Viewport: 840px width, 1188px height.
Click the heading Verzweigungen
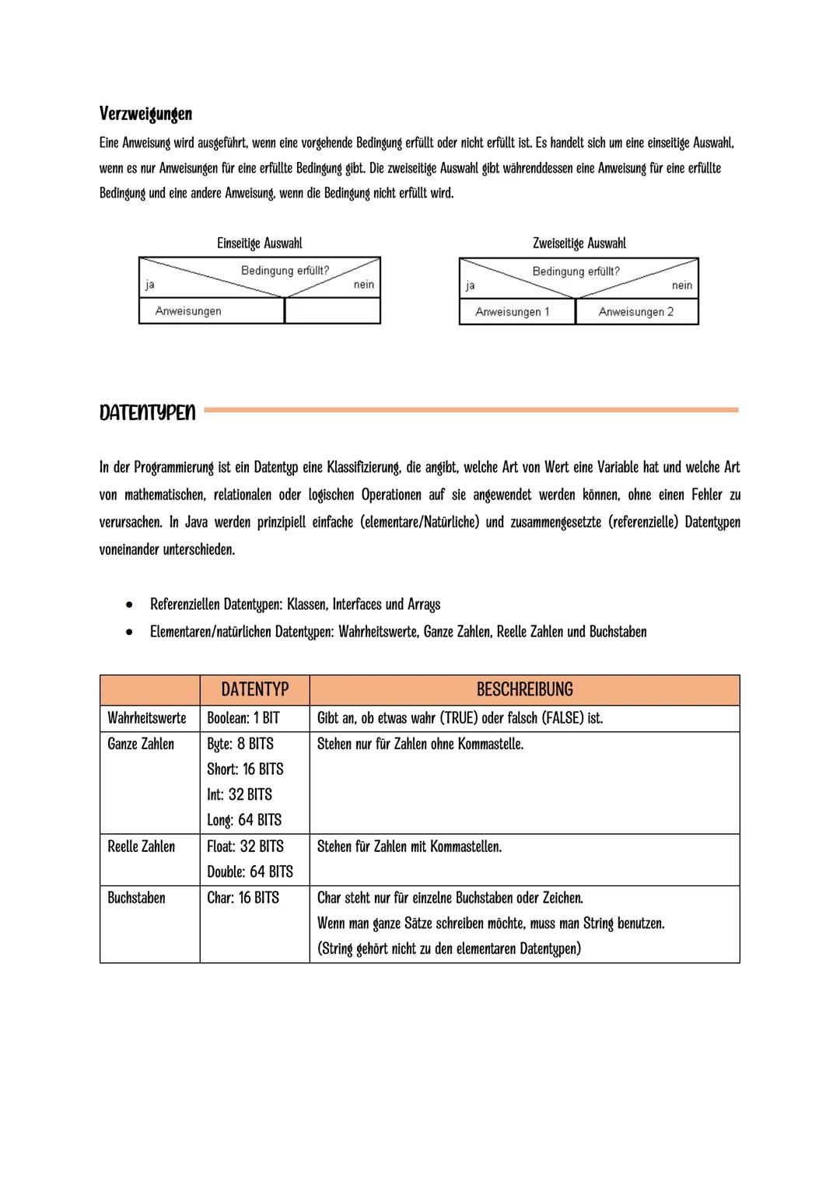(145, 114)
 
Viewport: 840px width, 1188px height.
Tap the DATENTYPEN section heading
(148, 412)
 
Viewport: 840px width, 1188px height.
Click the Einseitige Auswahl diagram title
(259, 244)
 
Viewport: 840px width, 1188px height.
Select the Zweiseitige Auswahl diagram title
(579, 244)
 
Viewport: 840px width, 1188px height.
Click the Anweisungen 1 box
(513, 312)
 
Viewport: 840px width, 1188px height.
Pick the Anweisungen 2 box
(636, 312)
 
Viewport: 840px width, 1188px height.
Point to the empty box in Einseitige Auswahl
(332, 311)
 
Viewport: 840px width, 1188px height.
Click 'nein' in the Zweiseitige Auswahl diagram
(682, 286)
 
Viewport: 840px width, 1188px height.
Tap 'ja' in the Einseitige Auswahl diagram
(149, 285)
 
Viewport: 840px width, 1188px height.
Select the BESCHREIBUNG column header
(524, 690)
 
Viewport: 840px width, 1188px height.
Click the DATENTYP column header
(254, 690)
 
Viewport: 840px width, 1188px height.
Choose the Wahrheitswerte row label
(147, 718)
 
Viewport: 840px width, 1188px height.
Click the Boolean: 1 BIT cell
(243, 718)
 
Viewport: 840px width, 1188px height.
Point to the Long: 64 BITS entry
(244, 820)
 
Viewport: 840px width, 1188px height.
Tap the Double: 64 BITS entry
(250, 871)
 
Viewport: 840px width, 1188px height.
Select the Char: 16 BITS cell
(243, 898)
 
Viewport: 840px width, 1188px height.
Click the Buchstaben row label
(136, 898)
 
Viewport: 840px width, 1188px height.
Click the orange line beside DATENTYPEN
(471, 409)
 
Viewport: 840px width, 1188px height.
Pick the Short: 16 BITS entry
(245, 769)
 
